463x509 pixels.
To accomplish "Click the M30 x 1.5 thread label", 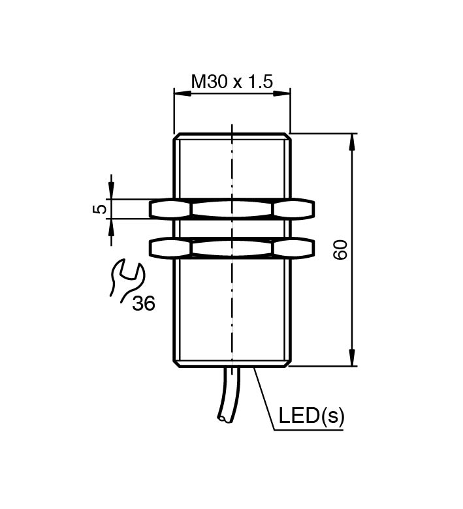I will pos(231,82).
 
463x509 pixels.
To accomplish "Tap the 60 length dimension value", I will pos(340,249).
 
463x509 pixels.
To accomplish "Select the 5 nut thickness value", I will pos(99,209).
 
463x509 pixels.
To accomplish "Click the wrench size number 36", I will pos(144,303).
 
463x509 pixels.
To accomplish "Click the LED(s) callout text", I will pos(311,416).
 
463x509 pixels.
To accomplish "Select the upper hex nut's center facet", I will pos(231,209).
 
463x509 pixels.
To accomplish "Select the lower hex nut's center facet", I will pos(231,248).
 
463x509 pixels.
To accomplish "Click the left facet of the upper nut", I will pos(170,209).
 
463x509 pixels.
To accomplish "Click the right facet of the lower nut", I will pos(293,248).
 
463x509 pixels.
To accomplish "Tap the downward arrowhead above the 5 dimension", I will pos(111,191).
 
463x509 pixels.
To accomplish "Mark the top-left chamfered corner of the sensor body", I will pos(176,137).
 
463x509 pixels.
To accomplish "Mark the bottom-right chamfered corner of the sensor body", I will pos(287,362).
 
